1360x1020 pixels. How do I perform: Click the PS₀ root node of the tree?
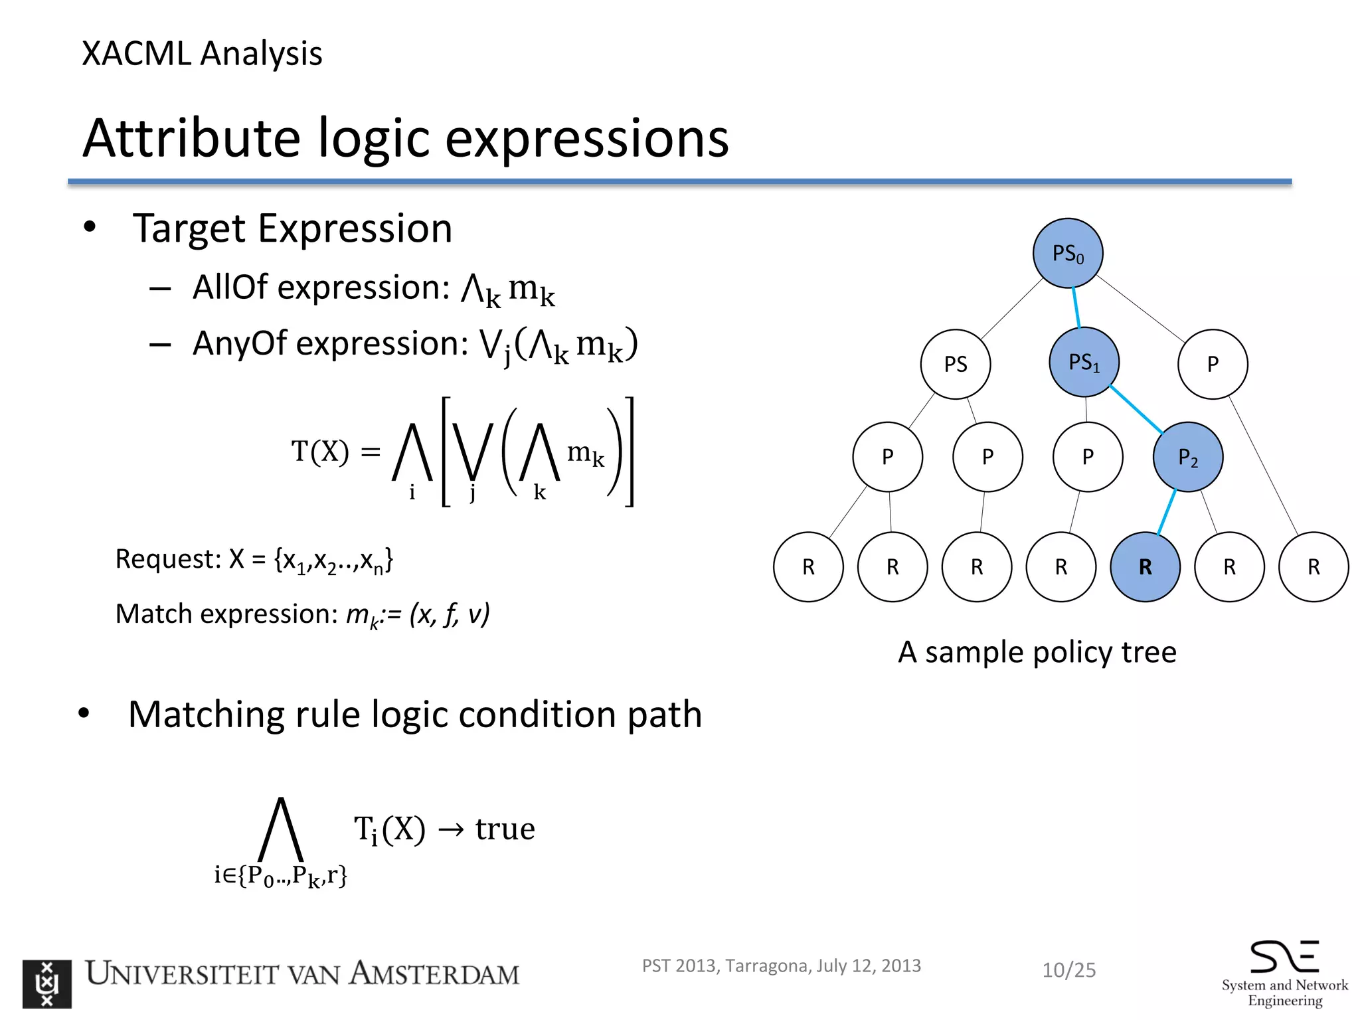coord(1068,253)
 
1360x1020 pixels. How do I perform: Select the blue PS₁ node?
coord(1084,363)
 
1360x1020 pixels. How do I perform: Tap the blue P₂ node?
coord(1187,457)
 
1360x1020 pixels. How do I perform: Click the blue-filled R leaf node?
coord(1145,566)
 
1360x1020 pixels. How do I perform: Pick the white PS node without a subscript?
coord(955,364)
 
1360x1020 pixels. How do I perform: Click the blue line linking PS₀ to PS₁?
coord(1076,307)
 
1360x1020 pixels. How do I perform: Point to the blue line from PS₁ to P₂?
coord(1136,410)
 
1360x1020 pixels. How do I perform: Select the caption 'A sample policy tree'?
coord(1037,652)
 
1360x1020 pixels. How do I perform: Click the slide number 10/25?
coord(1068,970)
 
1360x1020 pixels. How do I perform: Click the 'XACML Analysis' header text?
coord(202,54)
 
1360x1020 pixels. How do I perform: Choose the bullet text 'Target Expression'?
coord(292,228)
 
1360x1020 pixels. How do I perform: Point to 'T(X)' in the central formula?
coord(319,452)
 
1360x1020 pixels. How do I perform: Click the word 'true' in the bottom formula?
coord(505,829)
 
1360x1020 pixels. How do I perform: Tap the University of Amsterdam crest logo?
coord(46,983)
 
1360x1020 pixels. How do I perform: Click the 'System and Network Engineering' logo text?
coord(1284,992)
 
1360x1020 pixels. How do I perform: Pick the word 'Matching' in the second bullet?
coord(206,715)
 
